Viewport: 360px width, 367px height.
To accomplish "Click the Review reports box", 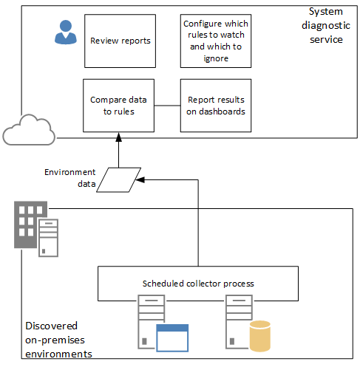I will [120, 41].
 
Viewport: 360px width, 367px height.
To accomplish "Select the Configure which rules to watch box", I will [216, 41].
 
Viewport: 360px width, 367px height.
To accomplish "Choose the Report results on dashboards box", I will [216, 106].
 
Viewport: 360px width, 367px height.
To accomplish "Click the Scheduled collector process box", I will [198, 284].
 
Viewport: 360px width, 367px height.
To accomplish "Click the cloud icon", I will [29, 131].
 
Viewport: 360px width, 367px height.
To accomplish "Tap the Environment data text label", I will [69, 177].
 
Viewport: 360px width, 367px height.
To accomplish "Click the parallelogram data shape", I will [119, 178].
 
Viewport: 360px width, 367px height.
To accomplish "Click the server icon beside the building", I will [49, 238].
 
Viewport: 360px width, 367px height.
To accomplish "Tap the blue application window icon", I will [172, 337].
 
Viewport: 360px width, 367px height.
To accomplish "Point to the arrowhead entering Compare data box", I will [118, 137].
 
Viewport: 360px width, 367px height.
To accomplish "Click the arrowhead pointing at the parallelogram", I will [140, 179].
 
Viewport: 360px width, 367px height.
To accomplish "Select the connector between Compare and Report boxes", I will [168, 106].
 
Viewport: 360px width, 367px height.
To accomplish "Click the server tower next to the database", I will [237, 322].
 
